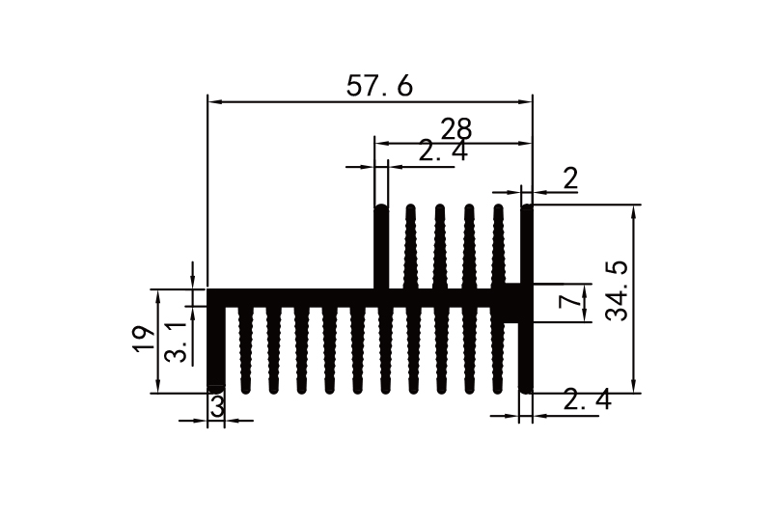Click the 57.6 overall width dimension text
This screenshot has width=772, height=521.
(x=379, y=86)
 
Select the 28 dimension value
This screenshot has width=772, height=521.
(x=455, y=129)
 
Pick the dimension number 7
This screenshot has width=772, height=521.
(x=571, y=302)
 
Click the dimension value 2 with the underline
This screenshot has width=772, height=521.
(x=569, y=178)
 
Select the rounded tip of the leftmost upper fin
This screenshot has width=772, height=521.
(x=381, y=209)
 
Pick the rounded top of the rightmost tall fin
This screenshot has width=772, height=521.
(x=527, y=209)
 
